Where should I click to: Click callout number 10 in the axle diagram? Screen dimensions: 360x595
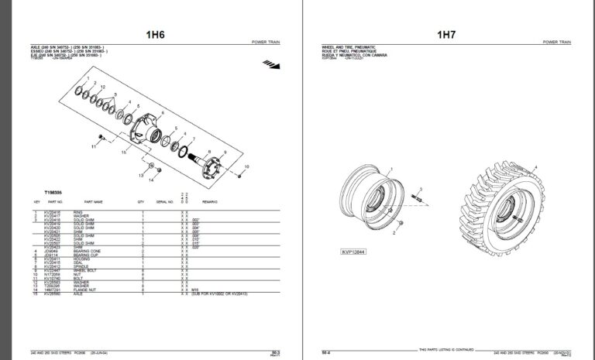click(246, 166)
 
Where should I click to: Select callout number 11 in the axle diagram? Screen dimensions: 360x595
click(91, 145)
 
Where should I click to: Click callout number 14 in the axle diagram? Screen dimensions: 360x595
click(151, 180)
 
